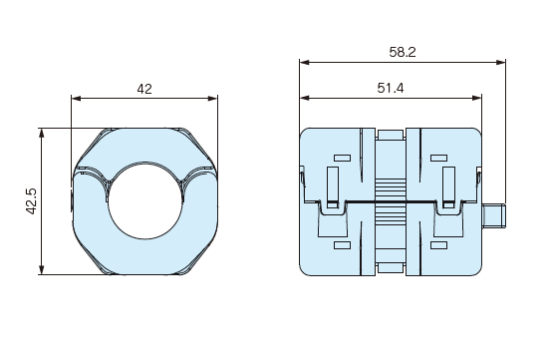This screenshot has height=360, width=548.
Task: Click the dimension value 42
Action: pyautogui.click(x=144, y=89)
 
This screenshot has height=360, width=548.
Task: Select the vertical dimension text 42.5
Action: pyautogui.click(x=32, y=201)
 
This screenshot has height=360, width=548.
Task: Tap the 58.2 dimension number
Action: pyautogui.click(x=403, y=52)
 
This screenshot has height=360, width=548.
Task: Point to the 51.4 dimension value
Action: pyautogui.click(x=391, y=88)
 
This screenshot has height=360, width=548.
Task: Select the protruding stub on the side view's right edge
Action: pyautogui.click(x=493, y=215)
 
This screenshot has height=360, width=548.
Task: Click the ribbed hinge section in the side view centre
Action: pyautogui.click(x=391, y=201)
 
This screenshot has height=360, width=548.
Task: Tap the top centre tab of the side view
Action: pyautogui.click(x=391, y=135)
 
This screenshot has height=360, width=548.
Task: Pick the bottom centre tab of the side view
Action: pyautogui.click(x=391, y=267)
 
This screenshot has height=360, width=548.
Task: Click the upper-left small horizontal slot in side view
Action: pyautogui.click(x=342, y=158)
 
